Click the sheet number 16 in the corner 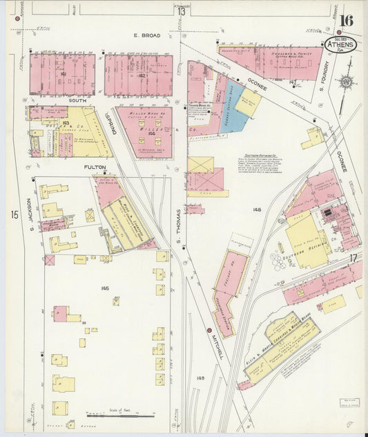345,19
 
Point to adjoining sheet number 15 14,215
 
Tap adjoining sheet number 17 352,258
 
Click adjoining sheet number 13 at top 181,11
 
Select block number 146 105,288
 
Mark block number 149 200,378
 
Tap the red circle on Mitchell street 208,331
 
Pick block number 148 257,209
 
